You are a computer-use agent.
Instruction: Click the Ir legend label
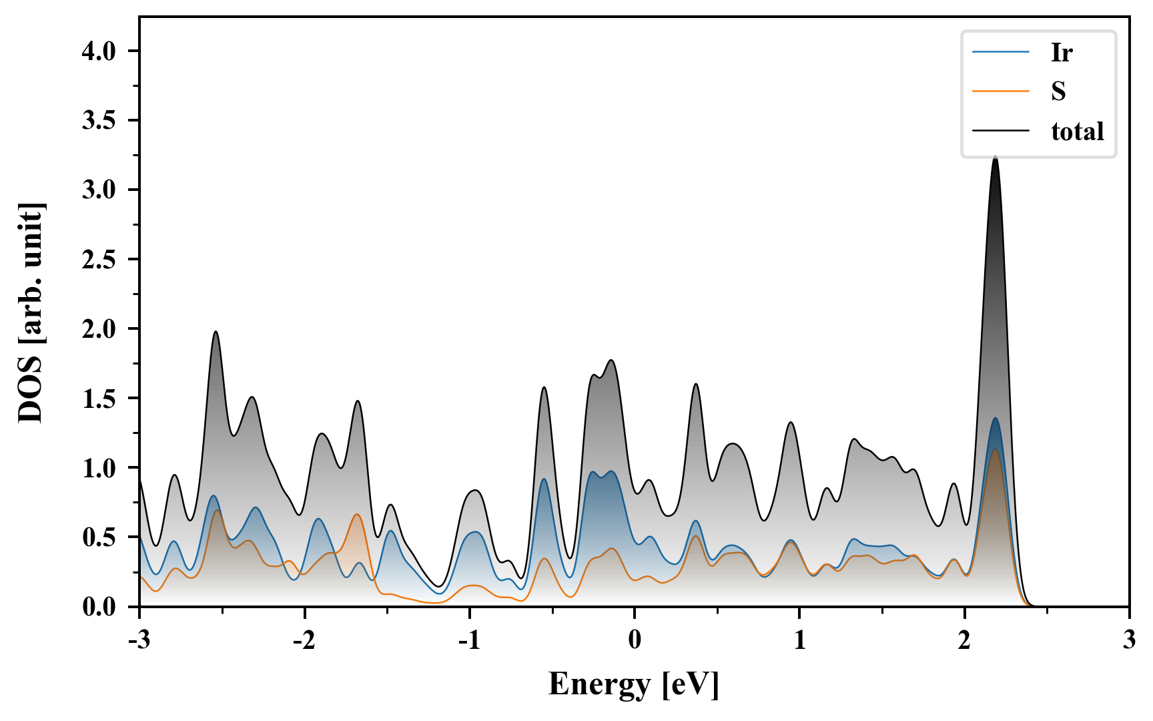pyautogui.click(x=1061, y=52)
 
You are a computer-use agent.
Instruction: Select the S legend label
pyautogui.click(x=1058, y=91)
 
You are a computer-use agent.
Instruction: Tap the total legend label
pyautogui.click(x=1078, y=131)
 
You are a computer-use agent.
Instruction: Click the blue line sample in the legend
pyautogui.click(x=1001, y=52)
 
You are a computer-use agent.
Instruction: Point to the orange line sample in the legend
pyautogui.click(x=1001, y=91)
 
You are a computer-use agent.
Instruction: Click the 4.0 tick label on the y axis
pyautogui.click(x=99, y=51)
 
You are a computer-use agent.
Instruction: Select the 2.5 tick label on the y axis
pyautogui.click(x=99, y=260)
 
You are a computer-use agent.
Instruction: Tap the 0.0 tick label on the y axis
pyautogui.click(x=99, y=607)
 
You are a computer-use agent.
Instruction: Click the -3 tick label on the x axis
pyautogui.click(x=139, y=640)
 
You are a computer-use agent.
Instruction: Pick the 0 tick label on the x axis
pyautogui.click(x=635, y=640)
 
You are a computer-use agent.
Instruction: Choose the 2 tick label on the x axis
pyautogui.click(x=964, y=640)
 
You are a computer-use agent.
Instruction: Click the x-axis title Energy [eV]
pyautogui.click(x=634, y=684)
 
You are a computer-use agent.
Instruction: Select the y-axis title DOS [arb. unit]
pyautogui.click(x=30, y=312)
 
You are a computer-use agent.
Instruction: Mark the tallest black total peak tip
pyautogui.click(x=996, y=157)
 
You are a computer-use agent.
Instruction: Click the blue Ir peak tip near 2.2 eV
pyautogui.click(x=996, y=419)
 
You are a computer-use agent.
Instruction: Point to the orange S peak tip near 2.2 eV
pyautogui.click(x=995, y=450)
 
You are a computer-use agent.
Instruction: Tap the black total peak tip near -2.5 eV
pyautogui.click(x=216, y=332)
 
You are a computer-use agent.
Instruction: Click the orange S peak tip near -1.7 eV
pyautogui.click(x=358, y=514)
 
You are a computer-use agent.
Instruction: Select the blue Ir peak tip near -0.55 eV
pyautogui.click(x=544, y=479)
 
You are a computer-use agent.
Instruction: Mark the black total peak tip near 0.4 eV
pyautogui.click(x=696, y=384)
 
